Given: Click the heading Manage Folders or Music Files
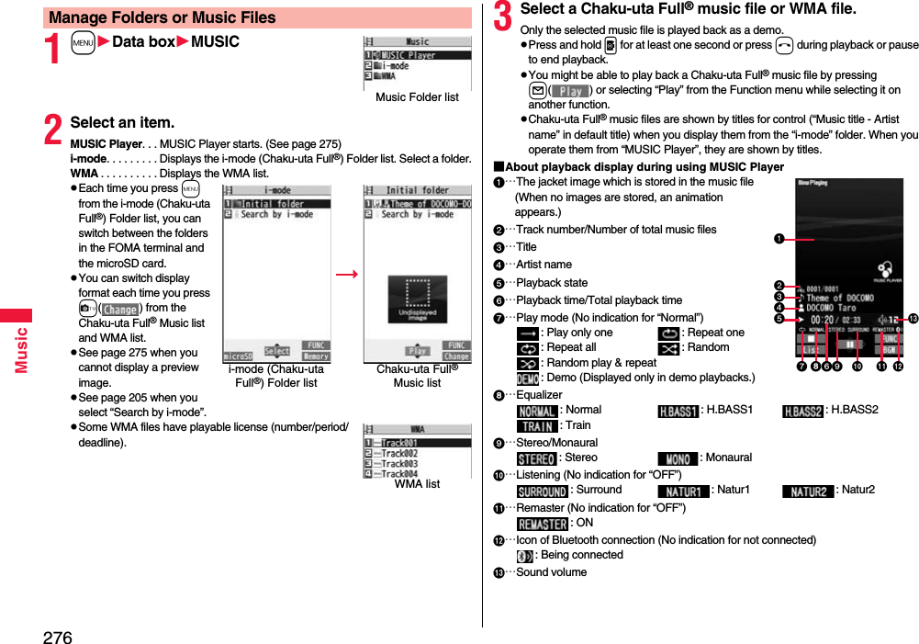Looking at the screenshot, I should (x=163, y=17).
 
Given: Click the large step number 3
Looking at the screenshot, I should (x=503, y=16).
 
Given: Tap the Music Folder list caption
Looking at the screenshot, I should (x=417, y=97).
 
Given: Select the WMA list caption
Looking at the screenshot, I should (x=417, y=484).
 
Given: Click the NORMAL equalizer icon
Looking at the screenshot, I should (x=537, y=411).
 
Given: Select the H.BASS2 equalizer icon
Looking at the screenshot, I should (x=803, y=411).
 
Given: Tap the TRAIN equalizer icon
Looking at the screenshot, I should (x=535, y=426).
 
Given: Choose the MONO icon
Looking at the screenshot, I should (x=678, y=458).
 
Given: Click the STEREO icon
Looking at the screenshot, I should (x=536, y=458).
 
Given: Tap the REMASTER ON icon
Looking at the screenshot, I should (x=542, y=524).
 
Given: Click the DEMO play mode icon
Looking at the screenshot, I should (x=527, y=378).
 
